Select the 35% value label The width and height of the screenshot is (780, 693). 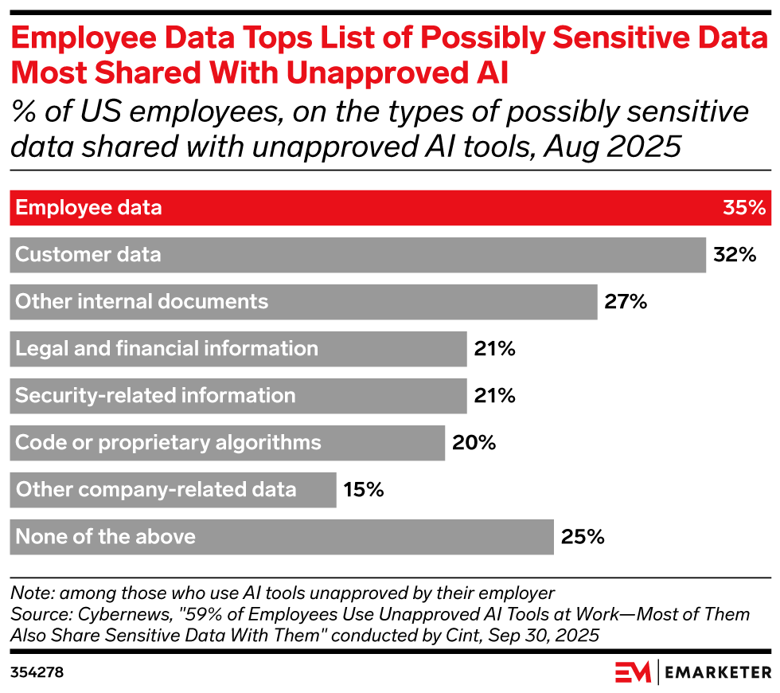point(743,208)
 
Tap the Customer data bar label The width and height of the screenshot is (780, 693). point(88,255)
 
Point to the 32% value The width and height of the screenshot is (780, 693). point(733,255)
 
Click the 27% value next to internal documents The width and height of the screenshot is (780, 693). point(626,302)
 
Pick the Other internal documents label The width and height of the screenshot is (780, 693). point(142,302)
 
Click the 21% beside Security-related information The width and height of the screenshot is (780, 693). point(494,396)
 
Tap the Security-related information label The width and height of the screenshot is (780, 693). point(155,396)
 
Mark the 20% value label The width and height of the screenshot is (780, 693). point(474,443)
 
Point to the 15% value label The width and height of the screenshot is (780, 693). point(364,490)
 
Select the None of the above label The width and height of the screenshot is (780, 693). point(105,537)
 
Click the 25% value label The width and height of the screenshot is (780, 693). point(583,537)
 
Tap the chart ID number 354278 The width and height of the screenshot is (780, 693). point(37,672)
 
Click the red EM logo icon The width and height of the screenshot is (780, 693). point(633,672)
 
